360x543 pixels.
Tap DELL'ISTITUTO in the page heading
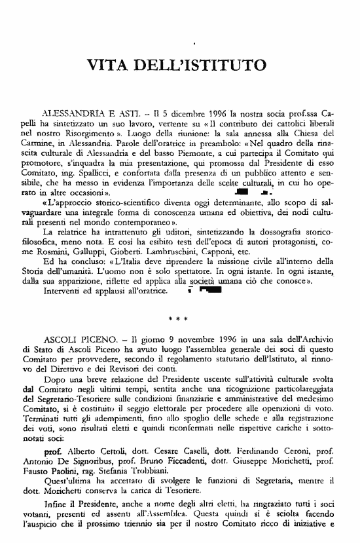[200, 66]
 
